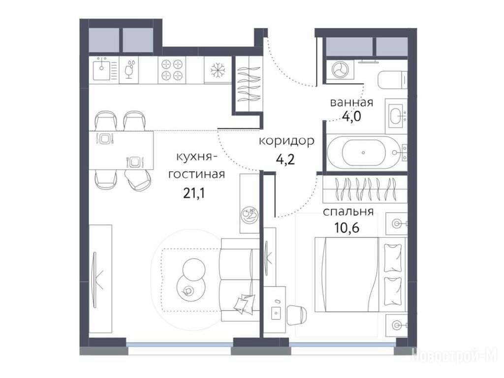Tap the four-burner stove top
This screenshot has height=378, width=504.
[172, 70]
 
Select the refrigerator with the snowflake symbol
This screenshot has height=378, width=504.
[218, 70]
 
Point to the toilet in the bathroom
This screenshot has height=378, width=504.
[393, 80]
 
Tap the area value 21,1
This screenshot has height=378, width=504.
[194, 193]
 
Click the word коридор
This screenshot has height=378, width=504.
[286, 141]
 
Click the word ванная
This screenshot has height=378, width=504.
[351, 102]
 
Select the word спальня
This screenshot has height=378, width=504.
[348, 212]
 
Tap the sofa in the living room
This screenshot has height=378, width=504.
[240, 280]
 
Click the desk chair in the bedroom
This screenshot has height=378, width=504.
[297, 315]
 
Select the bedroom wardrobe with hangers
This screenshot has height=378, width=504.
[365, 189]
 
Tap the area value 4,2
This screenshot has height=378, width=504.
[285, 159]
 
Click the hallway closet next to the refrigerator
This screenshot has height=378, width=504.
[248, 84]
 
